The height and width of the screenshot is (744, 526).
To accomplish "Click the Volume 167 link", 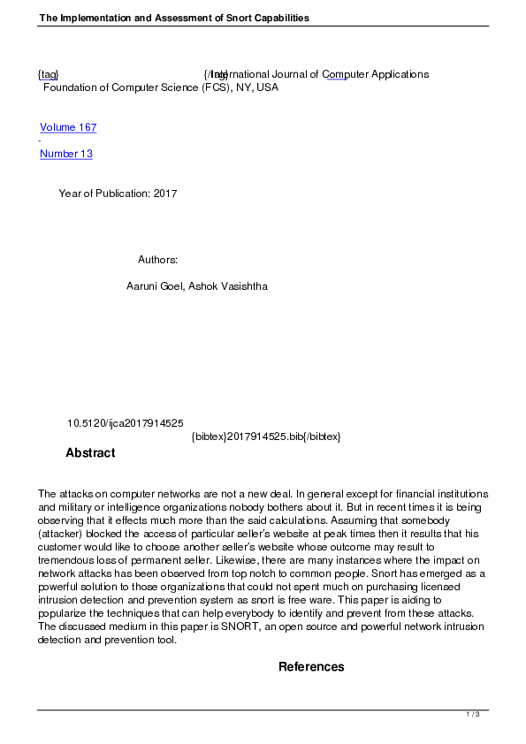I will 68,127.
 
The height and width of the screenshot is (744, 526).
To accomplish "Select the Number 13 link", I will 66,154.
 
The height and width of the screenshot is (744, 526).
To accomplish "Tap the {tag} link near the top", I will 48,74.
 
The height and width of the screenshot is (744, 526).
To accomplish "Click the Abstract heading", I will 90,453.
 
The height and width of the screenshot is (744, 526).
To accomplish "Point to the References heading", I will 311,667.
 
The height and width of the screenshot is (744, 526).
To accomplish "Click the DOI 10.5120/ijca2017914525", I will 125,424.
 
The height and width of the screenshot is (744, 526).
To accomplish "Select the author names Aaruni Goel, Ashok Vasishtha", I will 197,286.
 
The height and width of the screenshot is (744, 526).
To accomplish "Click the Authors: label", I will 158,260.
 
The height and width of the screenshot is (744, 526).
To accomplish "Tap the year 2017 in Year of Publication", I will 165,194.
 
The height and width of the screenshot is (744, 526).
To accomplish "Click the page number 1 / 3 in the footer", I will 473,714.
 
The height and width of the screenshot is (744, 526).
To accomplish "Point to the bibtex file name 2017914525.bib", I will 264,437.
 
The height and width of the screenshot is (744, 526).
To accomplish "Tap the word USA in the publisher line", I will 267,87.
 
